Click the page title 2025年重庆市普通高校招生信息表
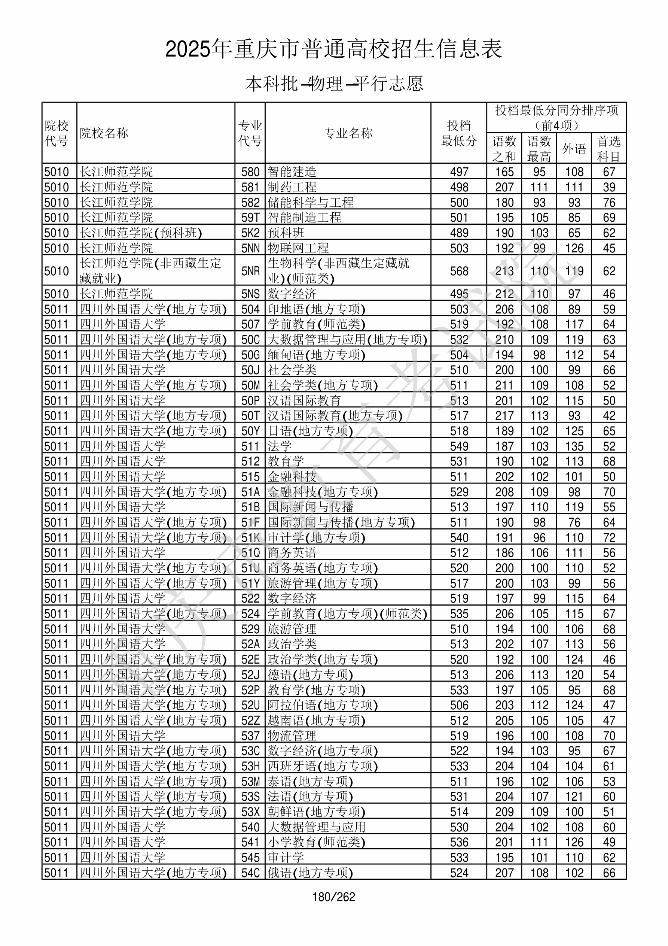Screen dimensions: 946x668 tap(333, 49)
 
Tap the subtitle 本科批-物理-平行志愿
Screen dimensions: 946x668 tap(333, 84)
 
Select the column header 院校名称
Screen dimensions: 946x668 tap(104, 133)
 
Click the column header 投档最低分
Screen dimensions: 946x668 tap(458, 133)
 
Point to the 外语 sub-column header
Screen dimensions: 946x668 tap(574, 149)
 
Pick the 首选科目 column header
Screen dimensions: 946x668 tap(609, 149)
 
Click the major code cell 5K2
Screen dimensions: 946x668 tap(250, 233)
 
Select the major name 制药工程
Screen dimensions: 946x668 tap(292, 187)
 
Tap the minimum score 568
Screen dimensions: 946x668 tap(459, 271)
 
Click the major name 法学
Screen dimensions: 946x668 tap(280, 446)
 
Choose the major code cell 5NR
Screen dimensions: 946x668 tap(250, 271)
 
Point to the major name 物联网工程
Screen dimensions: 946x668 tap(298, 248)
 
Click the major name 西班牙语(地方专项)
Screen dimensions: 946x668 tap(323, 766)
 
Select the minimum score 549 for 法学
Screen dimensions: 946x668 tap(459, 446)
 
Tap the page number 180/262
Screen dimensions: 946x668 tap(333, 897)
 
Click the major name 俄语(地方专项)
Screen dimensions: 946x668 tap(310, 873)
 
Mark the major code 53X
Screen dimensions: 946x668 tap(250, 812)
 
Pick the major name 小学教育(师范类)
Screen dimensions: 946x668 tap(316, 842)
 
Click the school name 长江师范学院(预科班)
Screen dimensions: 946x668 tap(140, 233)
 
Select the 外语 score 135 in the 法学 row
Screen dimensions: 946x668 tap(574, 446)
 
